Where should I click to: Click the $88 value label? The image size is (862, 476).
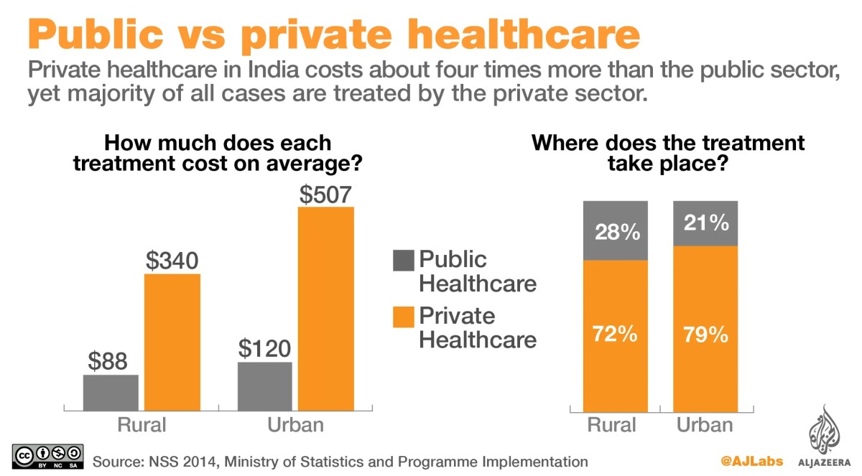[x=111, y=360]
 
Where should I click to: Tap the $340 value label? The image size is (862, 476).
[x=172, y=261]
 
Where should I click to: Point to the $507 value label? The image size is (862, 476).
[x=327, y=195]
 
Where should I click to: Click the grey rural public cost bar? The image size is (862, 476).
[x=111, y=392]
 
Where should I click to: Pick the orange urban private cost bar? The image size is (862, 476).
[x=327, y=309]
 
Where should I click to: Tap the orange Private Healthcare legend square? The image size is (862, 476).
[x=403, y=317]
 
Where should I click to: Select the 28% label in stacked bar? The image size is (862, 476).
[x=616, y=233]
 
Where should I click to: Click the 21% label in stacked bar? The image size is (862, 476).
[x=705, y=224]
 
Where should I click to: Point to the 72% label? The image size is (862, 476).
[x=616, y=335]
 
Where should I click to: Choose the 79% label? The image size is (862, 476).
[x=705, y=335]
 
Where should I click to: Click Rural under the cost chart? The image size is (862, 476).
[x=142, y=424]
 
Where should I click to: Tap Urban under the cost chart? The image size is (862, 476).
[x=295, y=424]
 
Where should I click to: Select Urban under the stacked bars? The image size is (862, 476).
[x=705, y=424]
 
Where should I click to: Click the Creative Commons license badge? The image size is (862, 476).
[x=48, y=457]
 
